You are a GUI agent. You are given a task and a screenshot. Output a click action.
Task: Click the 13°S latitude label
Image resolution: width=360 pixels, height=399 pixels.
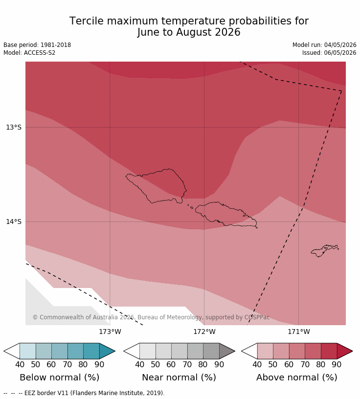point(14,127)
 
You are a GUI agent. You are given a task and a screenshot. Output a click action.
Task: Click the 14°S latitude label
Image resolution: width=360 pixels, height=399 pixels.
point(14,222)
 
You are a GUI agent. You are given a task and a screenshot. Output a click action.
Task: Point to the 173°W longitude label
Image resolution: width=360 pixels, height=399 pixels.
point(110,332)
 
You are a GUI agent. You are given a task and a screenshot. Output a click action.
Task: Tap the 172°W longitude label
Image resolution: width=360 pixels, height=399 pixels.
point(204,332)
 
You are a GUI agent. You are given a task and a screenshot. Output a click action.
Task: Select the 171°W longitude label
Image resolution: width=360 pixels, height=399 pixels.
point(299,332)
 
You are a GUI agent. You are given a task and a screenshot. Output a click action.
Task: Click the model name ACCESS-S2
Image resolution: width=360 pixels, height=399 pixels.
point(40,53)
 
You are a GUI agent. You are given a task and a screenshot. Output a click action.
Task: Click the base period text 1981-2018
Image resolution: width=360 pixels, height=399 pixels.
point(56,45)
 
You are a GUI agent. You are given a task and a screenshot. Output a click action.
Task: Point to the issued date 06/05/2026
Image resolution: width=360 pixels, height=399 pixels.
point(340,53)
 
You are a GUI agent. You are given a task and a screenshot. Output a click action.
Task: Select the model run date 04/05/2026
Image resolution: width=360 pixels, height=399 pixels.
point(340,45)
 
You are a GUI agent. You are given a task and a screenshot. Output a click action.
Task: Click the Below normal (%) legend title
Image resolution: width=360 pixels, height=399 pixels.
point(60,377)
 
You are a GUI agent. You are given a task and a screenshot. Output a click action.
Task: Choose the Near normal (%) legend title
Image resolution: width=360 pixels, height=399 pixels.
point(179,377)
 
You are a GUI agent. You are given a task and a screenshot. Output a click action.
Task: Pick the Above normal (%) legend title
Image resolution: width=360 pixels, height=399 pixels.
point(296,377)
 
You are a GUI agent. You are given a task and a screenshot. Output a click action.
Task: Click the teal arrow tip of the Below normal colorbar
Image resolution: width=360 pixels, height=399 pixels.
point(115,351)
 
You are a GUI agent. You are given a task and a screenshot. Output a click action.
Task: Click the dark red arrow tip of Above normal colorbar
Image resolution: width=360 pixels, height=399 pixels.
point(352,351)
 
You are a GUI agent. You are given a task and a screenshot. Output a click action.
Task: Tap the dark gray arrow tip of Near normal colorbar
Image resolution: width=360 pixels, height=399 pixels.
point(234,351)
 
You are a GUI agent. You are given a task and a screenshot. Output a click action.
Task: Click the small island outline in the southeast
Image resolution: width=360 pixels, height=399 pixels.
point(325,251)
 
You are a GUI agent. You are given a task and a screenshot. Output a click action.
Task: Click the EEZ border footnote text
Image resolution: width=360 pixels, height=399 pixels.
point(84,393)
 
